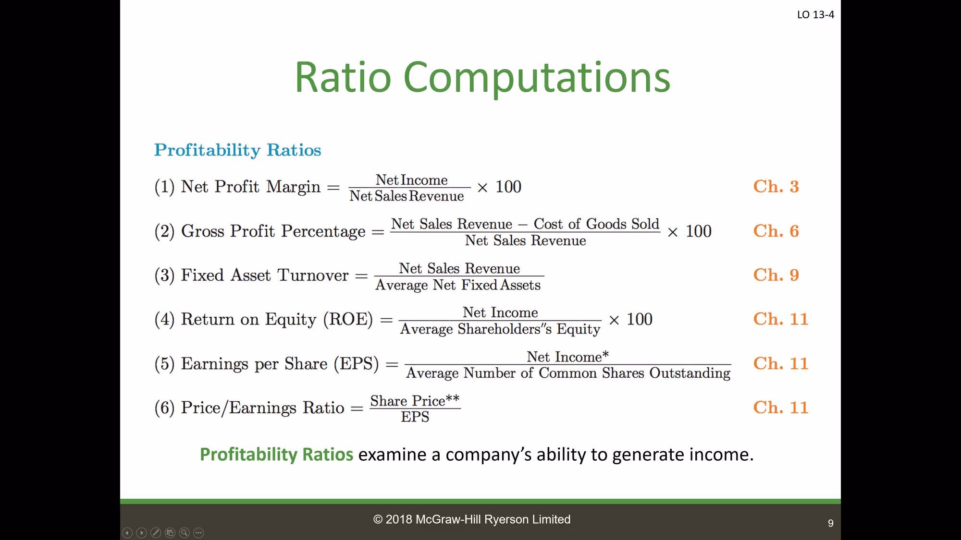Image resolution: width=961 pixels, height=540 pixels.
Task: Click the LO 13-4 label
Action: click(815, 15)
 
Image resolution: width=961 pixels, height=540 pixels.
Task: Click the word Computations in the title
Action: click(537, 78)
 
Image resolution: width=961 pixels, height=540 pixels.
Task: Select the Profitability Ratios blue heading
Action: click(237, 150)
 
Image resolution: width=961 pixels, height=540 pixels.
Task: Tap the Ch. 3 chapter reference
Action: click(776, 186)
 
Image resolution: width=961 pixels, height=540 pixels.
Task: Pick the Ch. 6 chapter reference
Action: click(776, 231)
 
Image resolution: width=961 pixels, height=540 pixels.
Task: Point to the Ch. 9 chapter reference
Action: click(776, 275)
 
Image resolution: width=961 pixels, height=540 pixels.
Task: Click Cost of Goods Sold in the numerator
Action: click(596, 224)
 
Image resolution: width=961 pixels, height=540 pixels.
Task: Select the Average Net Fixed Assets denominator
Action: click(458, 285)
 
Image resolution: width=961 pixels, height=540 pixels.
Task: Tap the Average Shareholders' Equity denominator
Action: click(500, 329)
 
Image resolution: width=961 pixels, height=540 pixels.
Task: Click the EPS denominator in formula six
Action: click(415, 417)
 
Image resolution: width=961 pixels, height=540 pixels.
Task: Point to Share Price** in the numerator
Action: click(415, 400)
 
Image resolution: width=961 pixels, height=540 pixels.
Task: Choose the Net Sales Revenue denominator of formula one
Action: click(407, 196)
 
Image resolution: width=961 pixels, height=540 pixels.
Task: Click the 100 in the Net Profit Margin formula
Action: click(508, 187)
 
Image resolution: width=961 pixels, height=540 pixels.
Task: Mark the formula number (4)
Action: click(164, 319)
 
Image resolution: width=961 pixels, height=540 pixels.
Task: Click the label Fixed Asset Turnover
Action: click(265, 275)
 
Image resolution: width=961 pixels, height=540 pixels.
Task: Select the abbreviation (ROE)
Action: click(348, 319)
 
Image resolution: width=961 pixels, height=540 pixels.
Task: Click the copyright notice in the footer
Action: click(472, 519)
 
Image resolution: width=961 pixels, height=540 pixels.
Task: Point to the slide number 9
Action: click(831, 523)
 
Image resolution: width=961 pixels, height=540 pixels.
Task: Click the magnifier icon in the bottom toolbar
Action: click(184, 533)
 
